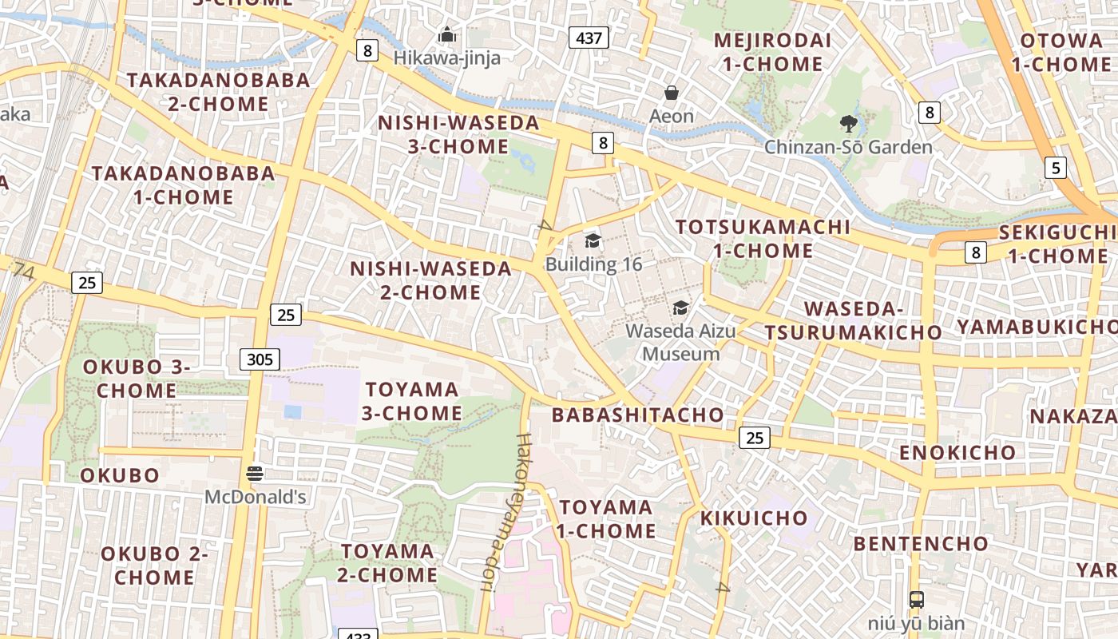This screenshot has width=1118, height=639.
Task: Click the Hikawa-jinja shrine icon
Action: tap(446, 34)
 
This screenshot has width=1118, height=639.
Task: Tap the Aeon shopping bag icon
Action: tap(672, 93)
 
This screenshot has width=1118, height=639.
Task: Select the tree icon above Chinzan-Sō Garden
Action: tap(848, 124)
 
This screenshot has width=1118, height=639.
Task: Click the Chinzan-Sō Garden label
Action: tap(848, 147)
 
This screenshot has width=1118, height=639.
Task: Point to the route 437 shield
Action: tap(589, 37)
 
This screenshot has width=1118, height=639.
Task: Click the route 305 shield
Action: tap(260, 359)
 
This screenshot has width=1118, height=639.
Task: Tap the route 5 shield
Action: tap(1056, 168)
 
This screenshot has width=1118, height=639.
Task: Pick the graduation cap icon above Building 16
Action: tap(593, 241)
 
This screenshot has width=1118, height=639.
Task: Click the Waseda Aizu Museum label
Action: tap(681, 342)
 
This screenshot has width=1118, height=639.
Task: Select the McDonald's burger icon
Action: tap(255, 474)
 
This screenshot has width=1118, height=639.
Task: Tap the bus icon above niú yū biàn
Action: tap(917, 599)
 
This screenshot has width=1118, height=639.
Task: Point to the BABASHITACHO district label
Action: tap(637, 415)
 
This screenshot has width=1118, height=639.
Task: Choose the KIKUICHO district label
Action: tap(754, 518)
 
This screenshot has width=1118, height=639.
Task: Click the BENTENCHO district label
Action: tap(920, 544)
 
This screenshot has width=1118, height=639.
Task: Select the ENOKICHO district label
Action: tap(957, 453)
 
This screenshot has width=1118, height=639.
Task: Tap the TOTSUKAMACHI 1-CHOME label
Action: tap(763, 238)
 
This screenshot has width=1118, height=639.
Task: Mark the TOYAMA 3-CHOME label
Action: tap(413, 401)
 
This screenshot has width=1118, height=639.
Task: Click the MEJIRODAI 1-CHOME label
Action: tap(771, 52)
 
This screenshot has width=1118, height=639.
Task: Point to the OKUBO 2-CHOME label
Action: tap(154, 565)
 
